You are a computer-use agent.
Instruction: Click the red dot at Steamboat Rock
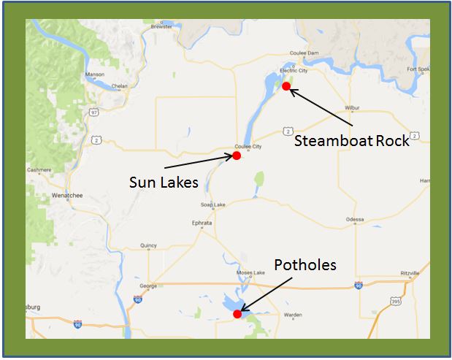(286, 86)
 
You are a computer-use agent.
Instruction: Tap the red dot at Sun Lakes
(237, 156)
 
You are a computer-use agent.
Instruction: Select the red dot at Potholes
(237, 314)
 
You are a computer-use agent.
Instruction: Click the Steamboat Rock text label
(352, 140)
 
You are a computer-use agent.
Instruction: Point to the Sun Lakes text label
(164, 182)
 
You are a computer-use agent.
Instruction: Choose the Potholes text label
(305, 264)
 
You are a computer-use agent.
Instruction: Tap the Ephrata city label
(202, 223)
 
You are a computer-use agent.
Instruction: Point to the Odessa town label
(356, 218)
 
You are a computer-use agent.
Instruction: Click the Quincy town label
(148, 245)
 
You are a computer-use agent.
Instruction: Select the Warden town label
(293, 315)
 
